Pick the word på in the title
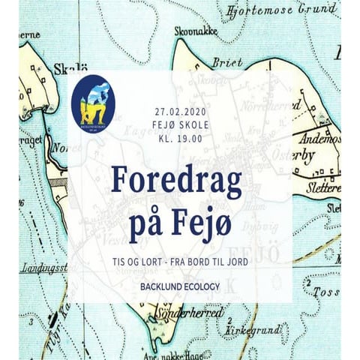150,224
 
